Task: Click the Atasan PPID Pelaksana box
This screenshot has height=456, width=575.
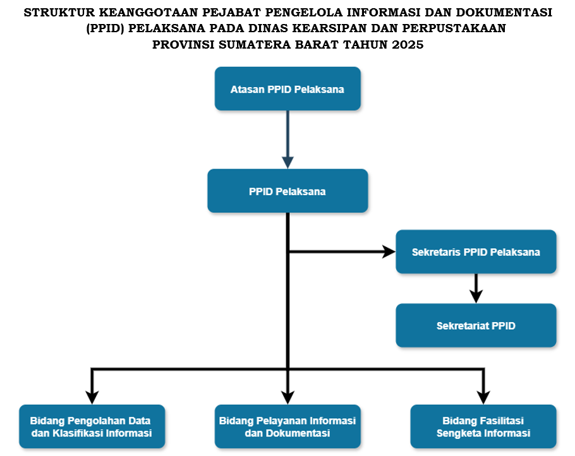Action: click(x=287, y=88)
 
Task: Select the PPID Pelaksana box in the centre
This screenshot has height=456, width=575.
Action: click(x=287, y=191)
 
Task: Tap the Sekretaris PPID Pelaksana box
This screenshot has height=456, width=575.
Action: click(x=476, y=252)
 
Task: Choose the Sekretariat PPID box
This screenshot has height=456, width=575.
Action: click(x=476, y=325)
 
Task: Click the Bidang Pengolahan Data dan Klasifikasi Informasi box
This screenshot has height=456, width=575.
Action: click(x=92, y=427)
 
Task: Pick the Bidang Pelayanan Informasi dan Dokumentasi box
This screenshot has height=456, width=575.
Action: click(x=287, y=427)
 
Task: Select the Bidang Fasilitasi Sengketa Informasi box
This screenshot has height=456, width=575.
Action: click(x=483, y=427)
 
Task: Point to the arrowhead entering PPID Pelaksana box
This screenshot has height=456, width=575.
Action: click(x=287, y=163)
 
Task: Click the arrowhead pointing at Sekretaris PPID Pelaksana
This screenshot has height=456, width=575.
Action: click(x=389, y=252)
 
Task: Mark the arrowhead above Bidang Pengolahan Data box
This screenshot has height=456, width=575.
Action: click(x=92, y=398)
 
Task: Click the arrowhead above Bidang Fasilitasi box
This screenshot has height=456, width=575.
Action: click(x=483, y=398)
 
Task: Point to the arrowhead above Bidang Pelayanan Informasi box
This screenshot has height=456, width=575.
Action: click(x=287, y=398)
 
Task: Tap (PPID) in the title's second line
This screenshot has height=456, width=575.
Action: click(x=106, y=28)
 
